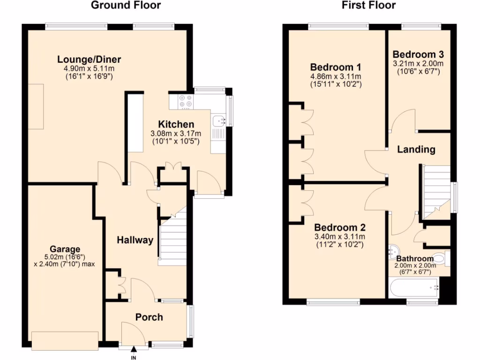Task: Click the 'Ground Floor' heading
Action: pos(125,6)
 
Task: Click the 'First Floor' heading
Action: pos(368,6)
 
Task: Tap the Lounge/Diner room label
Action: pos(89,60)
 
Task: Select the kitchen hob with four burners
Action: pos(185,101)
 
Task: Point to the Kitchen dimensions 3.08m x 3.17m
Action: pos(175,134)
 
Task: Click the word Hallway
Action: pos(135,240)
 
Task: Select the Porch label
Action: pos(149,317)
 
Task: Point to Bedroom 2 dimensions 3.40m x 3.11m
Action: pos(339,236)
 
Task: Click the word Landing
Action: pos(416,150)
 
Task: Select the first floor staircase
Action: pos(436,190)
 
